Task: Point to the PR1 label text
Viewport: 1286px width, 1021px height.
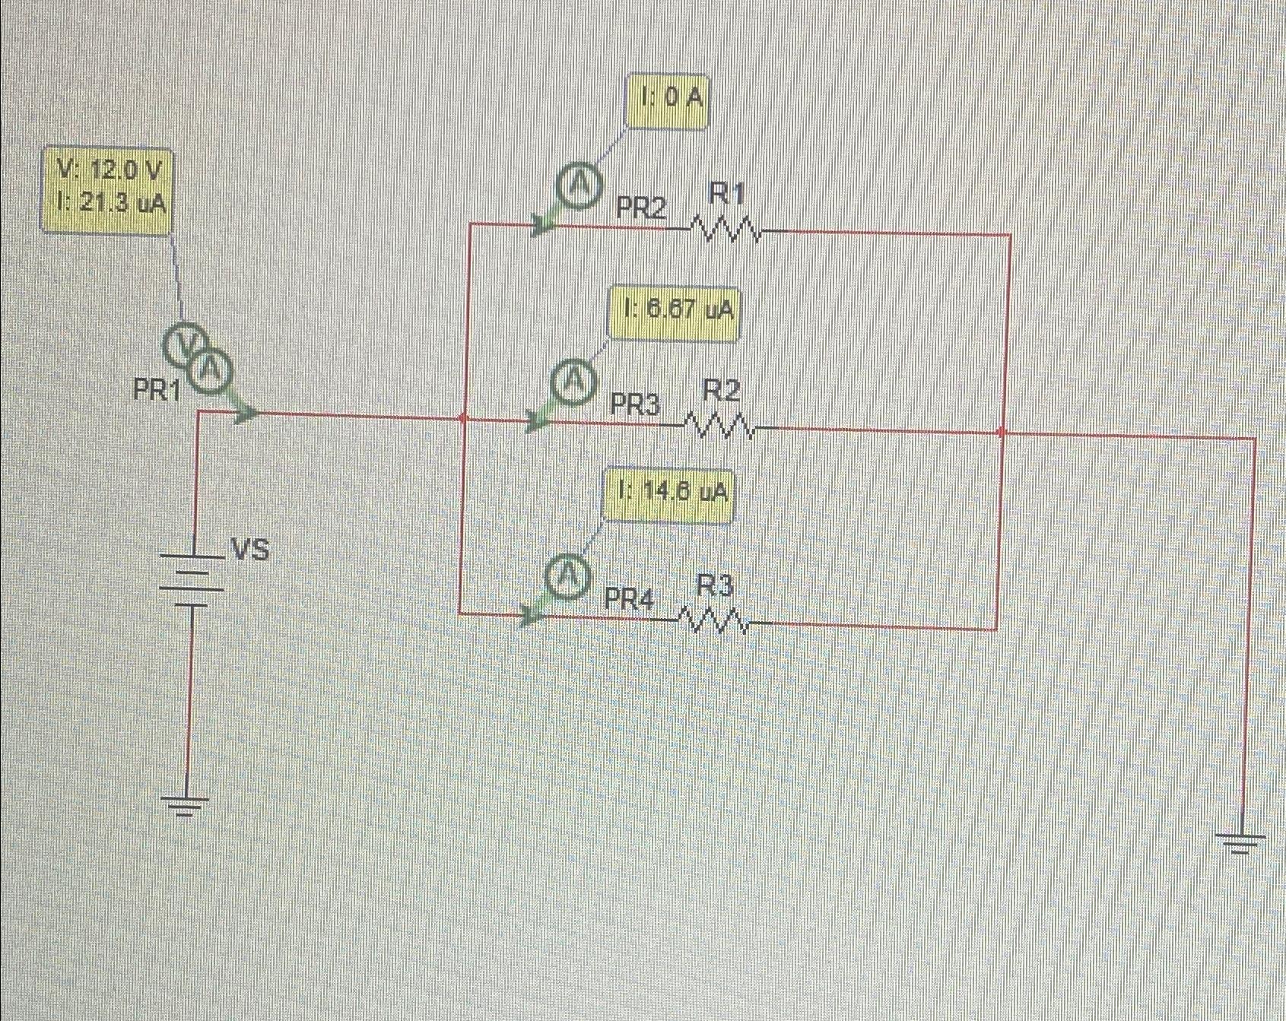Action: (157, 391)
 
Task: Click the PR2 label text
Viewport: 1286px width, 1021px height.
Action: (640, 208)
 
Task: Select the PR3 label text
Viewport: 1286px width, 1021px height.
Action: (636, 405)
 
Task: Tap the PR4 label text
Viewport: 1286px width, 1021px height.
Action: (628, 600)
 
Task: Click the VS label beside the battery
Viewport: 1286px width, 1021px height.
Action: (251, 549)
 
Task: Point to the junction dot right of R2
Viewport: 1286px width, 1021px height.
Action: (1002, 432)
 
